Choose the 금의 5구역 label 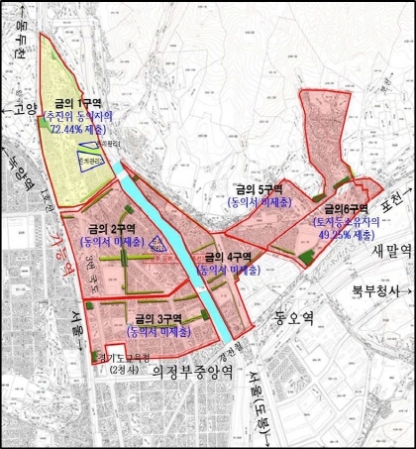click(259, 186)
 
